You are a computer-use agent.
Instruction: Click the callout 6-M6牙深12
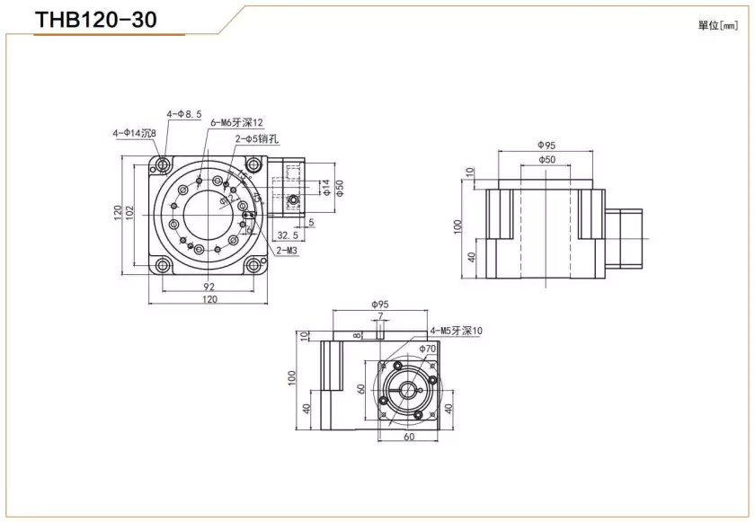(235, 122)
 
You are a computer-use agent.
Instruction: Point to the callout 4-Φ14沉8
(134, 133)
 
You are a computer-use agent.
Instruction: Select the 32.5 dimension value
(288, 234)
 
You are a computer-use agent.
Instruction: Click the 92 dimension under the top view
(209, 286)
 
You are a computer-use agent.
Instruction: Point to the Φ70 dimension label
(427, 348)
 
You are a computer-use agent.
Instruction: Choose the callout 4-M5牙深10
(456, 331)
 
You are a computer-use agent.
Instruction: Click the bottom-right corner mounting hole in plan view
(254, 265)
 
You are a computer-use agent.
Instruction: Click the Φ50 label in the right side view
(546, 159)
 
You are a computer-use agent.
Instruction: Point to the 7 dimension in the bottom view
(380, 315)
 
